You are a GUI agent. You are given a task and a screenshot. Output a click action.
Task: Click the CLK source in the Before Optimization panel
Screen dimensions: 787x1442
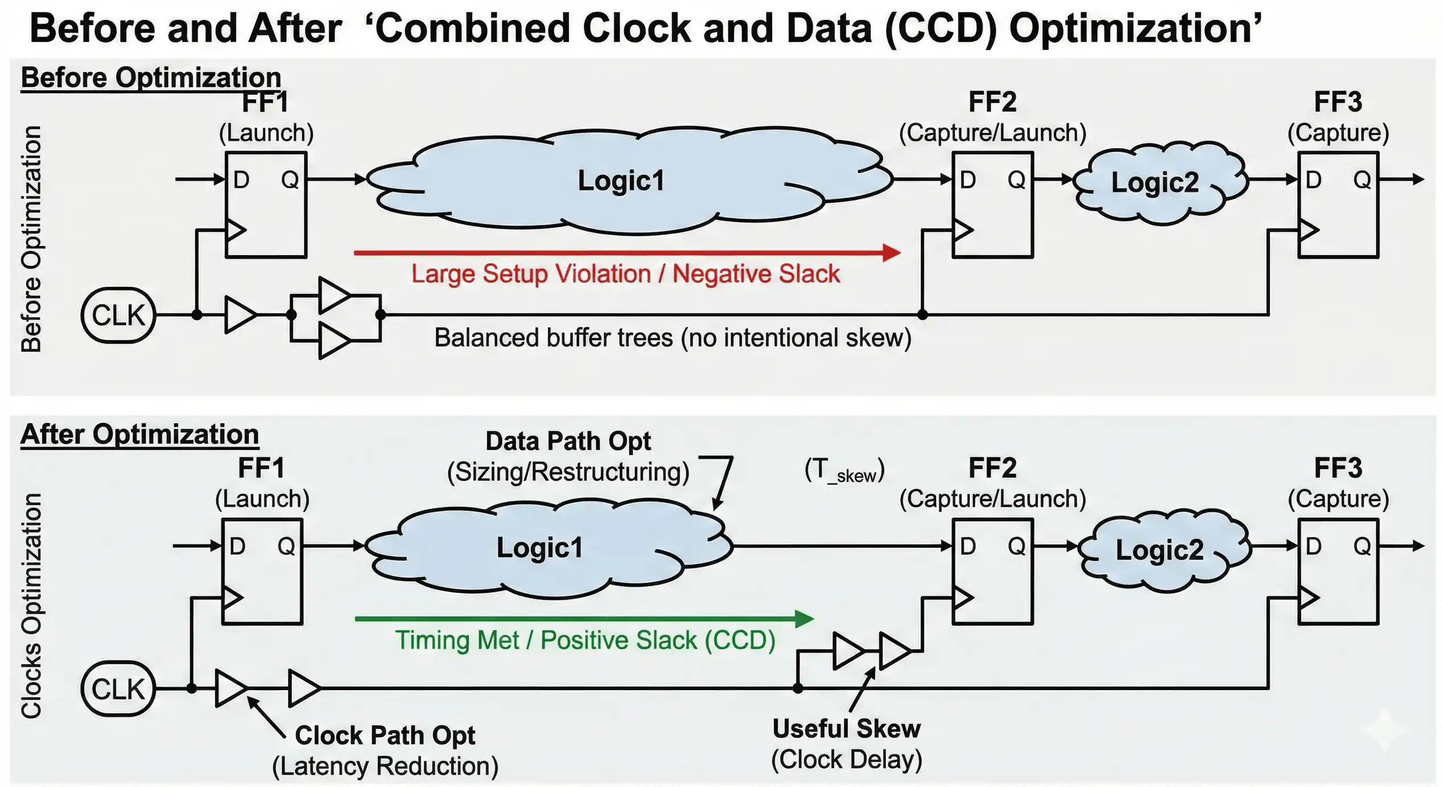pos(118,315)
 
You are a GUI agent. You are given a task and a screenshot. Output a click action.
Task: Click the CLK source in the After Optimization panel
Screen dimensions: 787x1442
pos(118,688)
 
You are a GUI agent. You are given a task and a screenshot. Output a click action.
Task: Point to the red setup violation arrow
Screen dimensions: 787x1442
pos(626,252)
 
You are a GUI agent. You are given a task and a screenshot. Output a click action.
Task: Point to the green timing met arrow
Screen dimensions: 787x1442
pos(583,618)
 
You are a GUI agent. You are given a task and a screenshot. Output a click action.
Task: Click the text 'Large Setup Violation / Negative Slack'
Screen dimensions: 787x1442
pos(625,274)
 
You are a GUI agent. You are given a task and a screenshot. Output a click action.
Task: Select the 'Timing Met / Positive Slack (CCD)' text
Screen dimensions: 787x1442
pos(585,640)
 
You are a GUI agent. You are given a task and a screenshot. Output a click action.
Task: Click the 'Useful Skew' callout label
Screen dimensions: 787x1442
pos(846,728)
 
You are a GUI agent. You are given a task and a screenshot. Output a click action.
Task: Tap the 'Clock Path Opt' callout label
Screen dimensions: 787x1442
pos(385,735)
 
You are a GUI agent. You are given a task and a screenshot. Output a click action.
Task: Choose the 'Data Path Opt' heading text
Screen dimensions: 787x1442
pos(568,441)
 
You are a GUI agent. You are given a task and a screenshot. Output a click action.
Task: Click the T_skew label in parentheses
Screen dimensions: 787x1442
pos(844,470)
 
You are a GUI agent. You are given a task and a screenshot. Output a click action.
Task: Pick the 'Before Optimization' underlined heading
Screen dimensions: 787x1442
pos(151,77)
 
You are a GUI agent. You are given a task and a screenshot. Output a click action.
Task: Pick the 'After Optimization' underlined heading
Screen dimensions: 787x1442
pos(139,435)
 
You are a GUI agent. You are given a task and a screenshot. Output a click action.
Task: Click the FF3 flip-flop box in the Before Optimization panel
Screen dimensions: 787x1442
pos(1337,205)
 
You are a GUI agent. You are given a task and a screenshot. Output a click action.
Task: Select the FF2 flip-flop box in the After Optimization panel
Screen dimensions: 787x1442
pos(992,572)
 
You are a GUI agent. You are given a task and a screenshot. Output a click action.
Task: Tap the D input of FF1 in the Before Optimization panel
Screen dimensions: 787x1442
pos(241,180)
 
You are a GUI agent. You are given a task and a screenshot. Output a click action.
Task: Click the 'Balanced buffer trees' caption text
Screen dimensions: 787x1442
pos(672,338)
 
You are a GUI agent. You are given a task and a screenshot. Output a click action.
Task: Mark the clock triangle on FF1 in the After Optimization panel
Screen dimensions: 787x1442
pos(232,597)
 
